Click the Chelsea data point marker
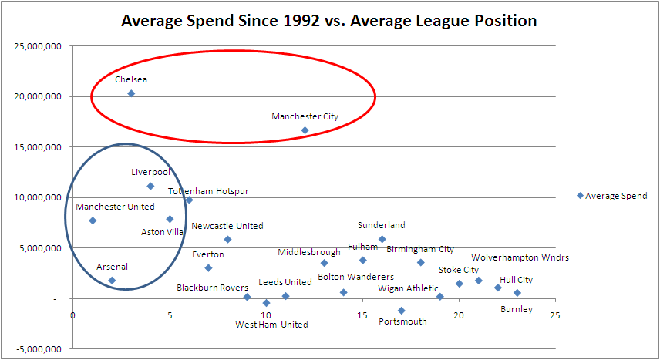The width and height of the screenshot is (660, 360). point(131,93)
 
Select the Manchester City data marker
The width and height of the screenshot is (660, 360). point(305,130)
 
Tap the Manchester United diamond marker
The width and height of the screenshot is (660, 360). point(93,220)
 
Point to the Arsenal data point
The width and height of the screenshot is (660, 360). point(112,281)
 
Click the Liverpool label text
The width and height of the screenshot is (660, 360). point(150,173)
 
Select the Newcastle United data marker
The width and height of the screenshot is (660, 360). point(227,239)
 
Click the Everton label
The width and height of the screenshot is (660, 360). point(208,254)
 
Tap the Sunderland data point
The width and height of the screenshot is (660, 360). point(382,239)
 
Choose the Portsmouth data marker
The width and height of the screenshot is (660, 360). point(401,311)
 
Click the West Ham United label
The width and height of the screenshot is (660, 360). point(271,325)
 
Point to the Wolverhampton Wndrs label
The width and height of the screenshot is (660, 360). point(520,257)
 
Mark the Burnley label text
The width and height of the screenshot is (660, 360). point(516,310)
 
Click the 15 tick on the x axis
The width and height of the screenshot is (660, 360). point(362,315)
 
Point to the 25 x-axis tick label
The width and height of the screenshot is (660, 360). point(555,315)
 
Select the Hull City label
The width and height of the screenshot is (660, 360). point(516,281)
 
